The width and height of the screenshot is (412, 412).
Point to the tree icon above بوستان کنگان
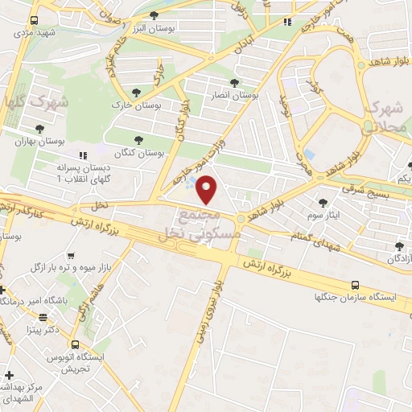(x=140, y=139)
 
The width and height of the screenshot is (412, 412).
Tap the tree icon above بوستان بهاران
(x=39, y=128)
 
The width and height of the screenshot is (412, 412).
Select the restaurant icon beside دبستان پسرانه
(x=82, y=155)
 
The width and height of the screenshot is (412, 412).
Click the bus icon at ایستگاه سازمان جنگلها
(x=355, y=285)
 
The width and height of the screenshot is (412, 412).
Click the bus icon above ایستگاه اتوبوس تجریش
(x=75, y=344)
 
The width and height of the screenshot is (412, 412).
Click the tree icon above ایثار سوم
(x=323, y=204)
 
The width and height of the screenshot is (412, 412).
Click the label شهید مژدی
(x=32, y=32)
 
